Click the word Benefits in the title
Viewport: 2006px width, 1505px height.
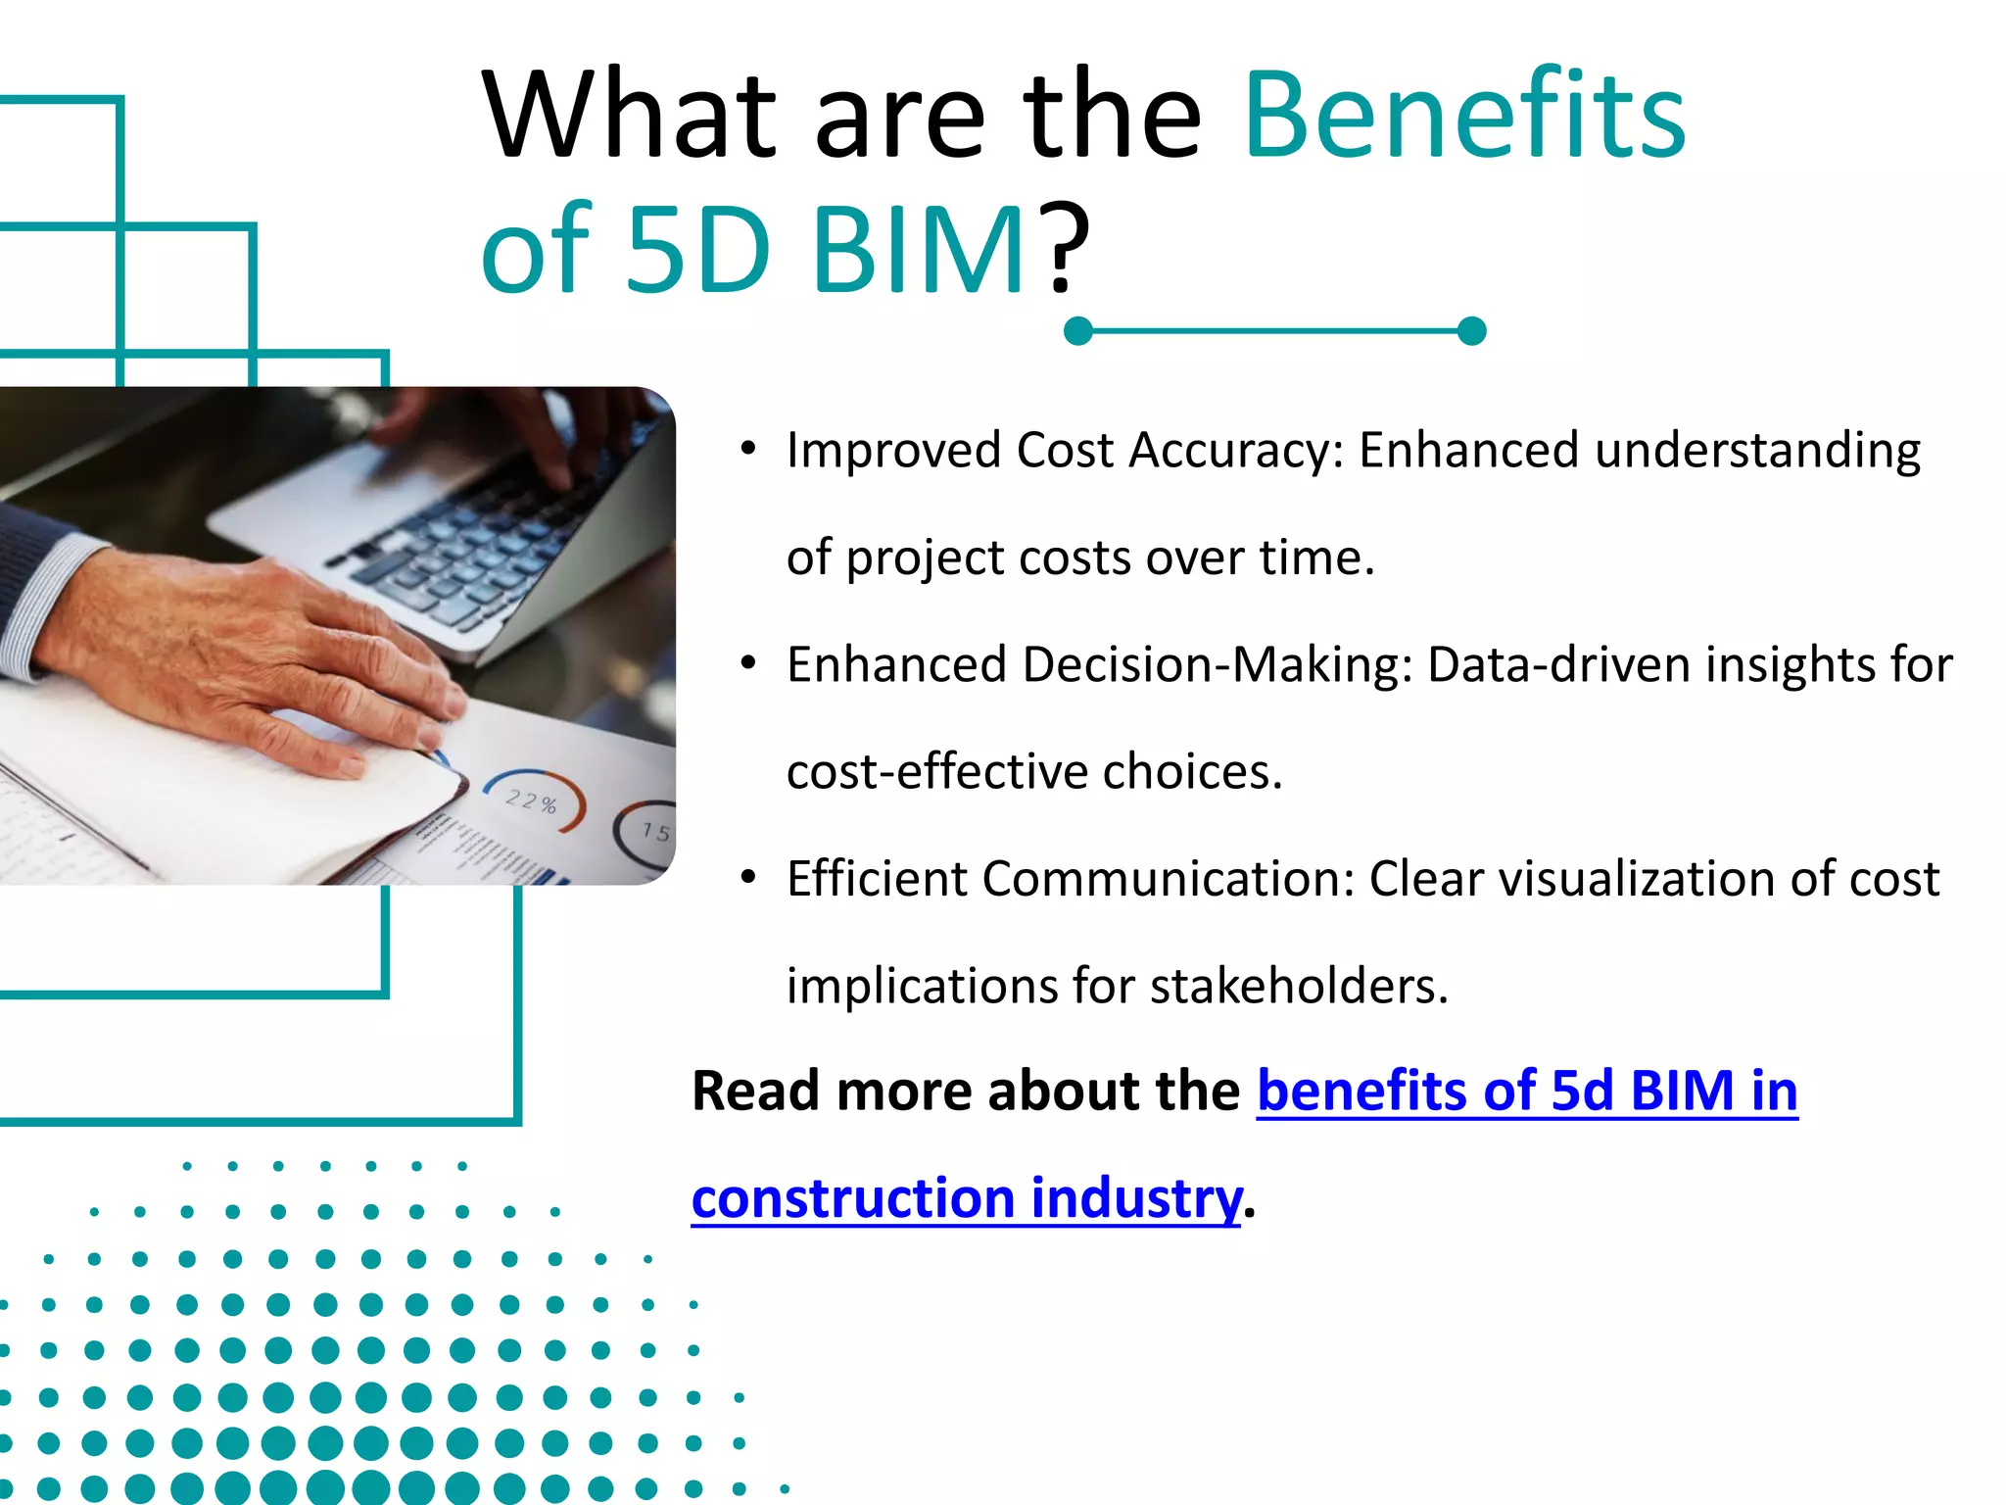click(x=1464, y=116)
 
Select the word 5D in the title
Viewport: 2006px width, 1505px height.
click(x=697, y=251)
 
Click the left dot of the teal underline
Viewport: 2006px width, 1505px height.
click(x=1077, y=331)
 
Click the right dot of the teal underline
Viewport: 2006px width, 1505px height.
click(x=1471, y=331)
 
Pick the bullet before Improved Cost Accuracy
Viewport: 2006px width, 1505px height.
click(x=748, y=450)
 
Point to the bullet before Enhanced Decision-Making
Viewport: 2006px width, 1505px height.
click(x=748, y=664)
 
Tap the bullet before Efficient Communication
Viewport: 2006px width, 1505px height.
click(x=748, y=878)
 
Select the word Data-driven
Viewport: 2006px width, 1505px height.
click(x=1559, y=664)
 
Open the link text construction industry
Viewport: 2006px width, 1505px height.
click(x=966, y=1198)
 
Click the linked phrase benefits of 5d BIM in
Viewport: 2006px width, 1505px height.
click(x=1526, y=1092)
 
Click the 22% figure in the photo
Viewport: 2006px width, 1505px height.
click(x=531, y=801)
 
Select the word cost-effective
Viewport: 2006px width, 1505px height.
click(x=936, y=772)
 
